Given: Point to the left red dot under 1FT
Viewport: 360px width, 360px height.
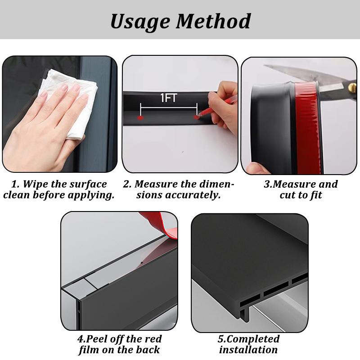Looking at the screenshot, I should (x=140, y=118).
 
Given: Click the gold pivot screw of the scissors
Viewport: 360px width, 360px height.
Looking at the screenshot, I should (x=352, y=87).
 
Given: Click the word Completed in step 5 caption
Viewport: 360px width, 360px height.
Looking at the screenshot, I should (x=254, y=339).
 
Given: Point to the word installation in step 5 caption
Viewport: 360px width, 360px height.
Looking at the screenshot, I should (x=248, y=350).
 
